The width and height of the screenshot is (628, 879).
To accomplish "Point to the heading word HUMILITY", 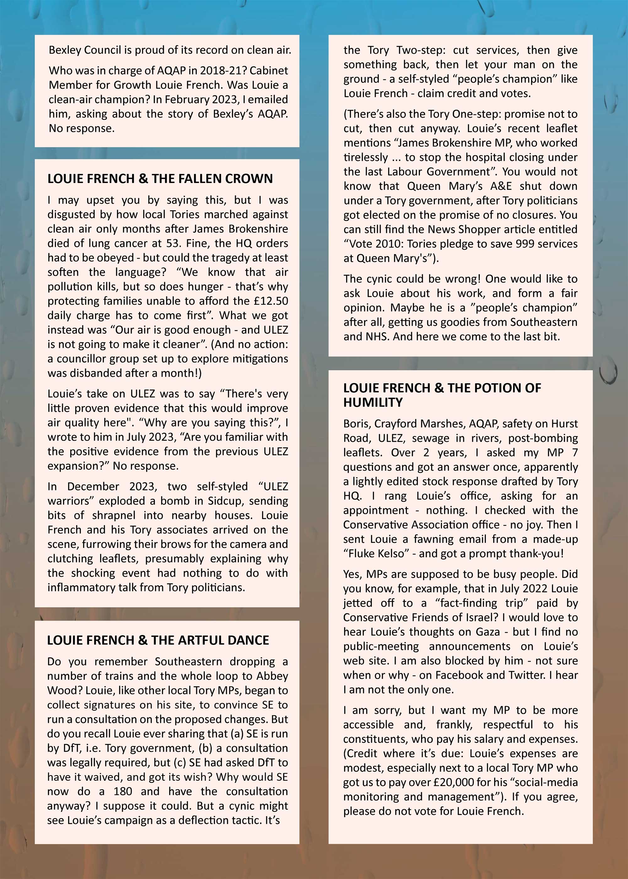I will tap(373, 402).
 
